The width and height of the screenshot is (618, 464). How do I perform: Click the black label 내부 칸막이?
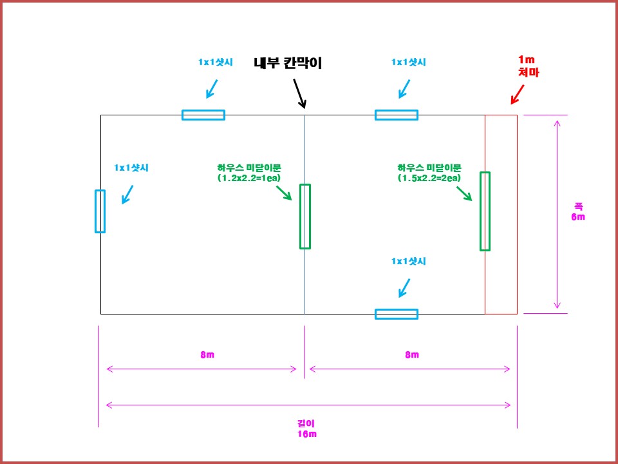[x=288, y=63]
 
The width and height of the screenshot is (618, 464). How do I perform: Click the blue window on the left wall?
[x=100, y=211]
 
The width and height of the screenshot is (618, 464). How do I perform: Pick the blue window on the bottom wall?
[x=397, y=314]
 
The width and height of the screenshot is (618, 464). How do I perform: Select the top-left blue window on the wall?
[x=203, y=115]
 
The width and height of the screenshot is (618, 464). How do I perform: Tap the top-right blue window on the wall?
[x=397, y=115]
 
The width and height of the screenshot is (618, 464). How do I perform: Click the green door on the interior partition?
[x=305, y=216]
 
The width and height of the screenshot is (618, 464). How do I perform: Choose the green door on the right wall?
[x=485, y=211]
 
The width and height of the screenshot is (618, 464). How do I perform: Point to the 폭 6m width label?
[x=578, y=212]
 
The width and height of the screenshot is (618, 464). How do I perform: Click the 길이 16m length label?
[x=306, y=429]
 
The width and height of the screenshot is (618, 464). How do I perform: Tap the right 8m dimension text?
[x=411, y=355]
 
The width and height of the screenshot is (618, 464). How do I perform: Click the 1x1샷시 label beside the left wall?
[x=131, y=168]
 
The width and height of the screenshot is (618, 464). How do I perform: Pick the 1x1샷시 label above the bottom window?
[x=409, y=262]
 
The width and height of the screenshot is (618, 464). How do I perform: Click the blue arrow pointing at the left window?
[x=127, y=194]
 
